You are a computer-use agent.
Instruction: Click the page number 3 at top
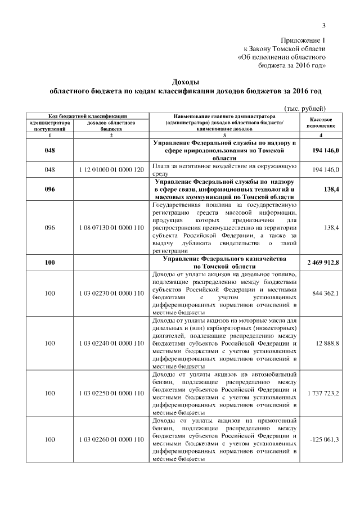point(324,24)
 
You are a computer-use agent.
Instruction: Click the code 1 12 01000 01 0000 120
point(111,169)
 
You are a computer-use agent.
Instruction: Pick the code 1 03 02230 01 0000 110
point(111,293)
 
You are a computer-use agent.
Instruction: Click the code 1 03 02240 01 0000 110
point(111,343)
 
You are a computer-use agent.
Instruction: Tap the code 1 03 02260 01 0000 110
point(111,439)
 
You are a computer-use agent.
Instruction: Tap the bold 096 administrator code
point(49,190)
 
